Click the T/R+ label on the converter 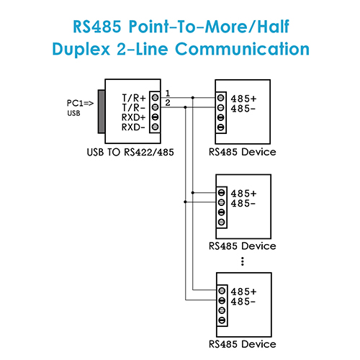click(134, 98)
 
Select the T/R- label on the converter click(133, 108)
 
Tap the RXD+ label click(134, 117)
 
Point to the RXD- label click(133, 127)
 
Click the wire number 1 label click(168, 93)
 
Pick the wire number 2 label click(168, 103)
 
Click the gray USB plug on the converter click(102, 112)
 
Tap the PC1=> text click(80, 103)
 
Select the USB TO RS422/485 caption click(130, 152)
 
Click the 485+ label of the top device click(243, 99)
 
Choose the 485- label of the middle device click(243, 204)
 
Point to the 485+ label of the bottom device click(243, 292)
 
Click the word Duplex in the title click(81, 49)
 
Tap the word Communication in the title click(242, 49)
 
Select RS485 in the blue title click(97, 27)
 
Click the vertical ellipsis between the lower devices click(243, 261)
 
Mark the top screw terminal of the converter click(155, 97)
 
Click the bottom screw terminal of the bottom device click(222, 320)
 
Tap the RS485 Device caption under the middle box click(243, 246)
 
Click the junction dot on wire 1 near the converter click(192, 98)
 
